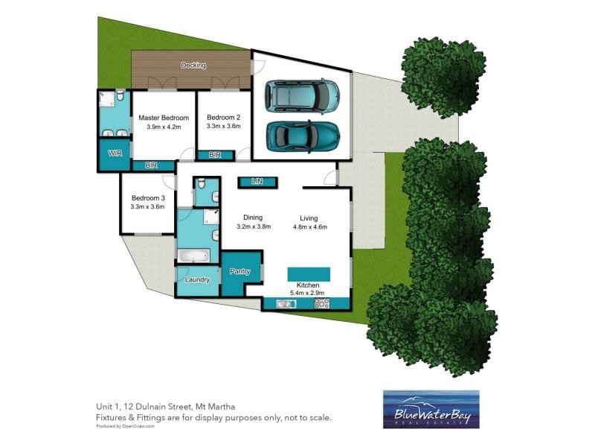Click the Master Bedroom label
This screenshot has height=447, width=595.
(164, 118)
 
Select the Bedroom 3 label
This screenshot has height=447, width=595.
(147, 197)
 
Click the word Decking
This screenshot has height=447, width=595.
(193, 66)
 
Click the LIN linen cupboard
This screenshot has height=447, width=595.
(257, 181)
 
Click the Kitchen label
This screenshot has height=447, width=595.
(308, 285)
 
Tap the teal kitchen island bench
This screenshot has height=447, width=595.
(309, 270)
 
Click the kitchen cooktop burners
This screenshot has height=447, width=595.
(323, 304)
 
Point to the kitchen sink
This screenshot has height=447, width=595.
(285, 304)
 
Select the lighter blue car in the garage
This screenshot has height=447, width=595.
(303, 95)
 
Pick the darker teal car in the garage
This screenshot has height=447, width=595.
(303, 135)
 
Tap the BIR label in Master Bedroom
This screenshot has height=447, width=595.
(151, 165)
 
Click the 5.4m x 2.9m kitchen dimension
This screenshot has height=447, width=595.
(308, 294)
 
